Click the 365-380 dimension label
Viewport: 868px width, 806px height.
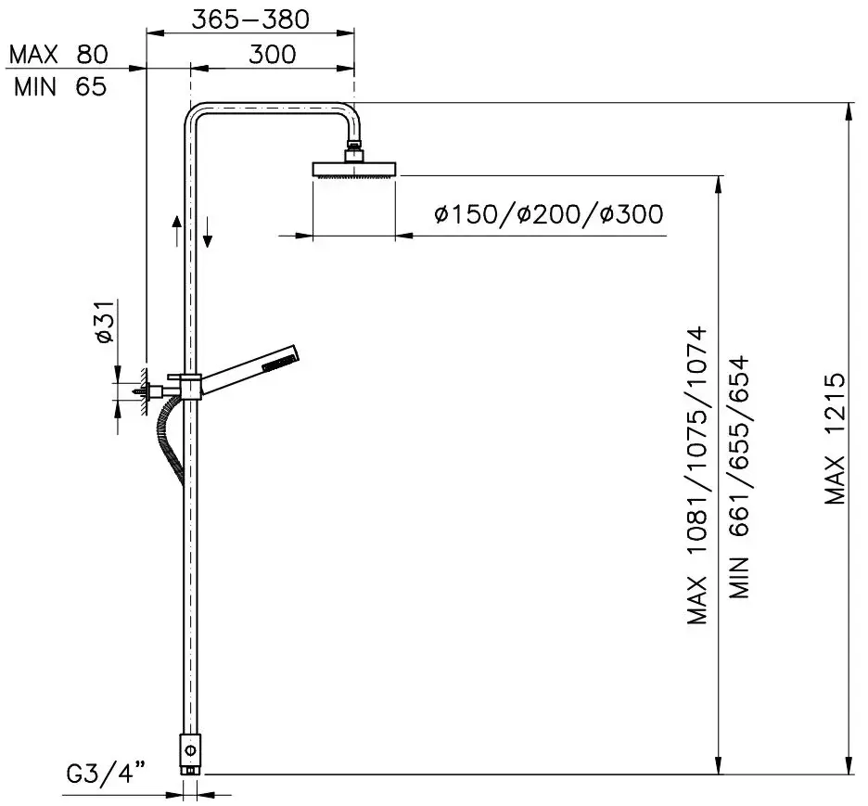coord(250,19)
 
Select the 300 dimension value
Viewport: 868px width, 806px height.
coord(273,55)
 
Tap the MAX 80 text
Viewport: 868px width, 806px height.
coord(58,55)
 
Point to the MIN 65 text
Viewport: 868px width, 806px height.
coord(60,87)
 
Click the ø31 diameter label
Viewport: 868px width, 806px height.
coord(105,322)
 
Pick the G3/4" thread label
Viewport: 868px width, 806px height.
coord(106,773)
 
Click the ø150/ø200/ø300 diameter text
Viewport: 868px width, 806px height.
coord(549,214)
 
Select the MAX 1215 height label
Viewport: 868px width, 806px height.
coord(836,439)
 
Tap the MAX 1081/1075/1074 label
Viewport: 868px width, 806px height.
coord(697,476)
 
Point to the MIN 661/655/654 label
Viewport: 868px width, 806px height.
coord(739,477)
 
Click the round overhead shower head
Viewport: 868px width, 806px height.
coord(354,170)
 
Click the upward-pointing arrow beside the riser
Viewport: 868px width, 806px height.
coord(176,231)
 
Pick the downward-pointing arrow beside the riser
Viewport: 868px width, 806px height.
coord(208,232)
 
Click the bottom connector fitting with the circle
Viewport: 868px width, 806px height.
coord(190,753)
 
